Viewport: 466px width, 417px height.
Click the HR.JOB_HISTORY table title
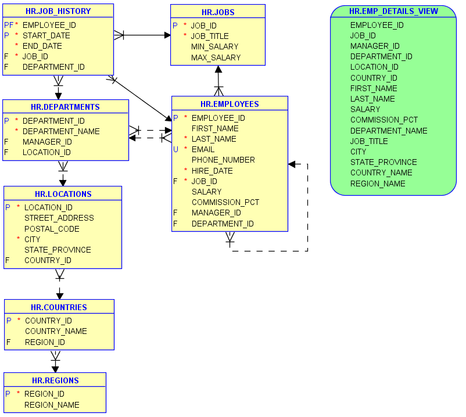point(58,11)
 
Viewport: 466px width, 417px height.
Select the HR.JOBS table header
point(218,12)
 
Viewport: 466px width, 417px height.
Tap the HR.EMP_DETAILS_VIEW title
point(393,12)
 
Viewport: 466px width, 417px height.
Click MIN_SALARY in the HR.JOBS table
point(214,46)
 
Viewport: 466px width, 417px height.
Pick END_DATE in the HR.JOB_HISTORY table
point(42,46)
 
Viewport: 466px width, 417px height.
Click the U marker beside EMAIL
point(175,149)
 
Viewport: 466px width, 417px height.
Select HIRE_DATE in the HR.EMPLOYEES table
point(212,171)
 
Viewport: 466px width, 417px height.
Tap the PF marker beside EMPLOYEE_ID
point(8,25)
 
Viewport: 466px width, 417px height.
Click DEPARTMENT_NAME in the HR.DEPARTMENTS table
point(61,131)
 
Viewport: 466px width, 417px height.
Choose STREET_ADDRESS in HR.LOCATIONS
point(59,218)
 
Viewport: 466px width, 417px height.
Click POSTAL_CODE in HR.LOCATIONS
point(52,229)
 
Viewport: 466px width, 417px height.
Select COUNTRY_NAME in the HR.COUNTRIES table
point(56,331)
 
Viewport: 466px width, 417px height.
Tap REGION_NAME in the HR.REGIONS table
point(52,405)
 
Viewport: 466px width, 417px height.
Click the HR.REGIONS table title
point(55,380)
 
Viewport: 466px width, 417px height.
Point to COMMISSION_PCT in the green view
point(383,120)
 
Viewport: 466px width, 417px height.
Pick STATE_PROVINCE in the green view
point(383,162)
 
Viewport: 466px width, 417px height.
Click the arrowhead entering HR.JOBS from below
point(218,69)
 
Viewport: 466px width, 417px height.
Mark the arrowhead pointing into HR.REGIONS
point(55,369)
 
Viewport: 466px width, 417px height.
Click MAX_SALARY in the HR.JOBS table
point(216,57)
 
